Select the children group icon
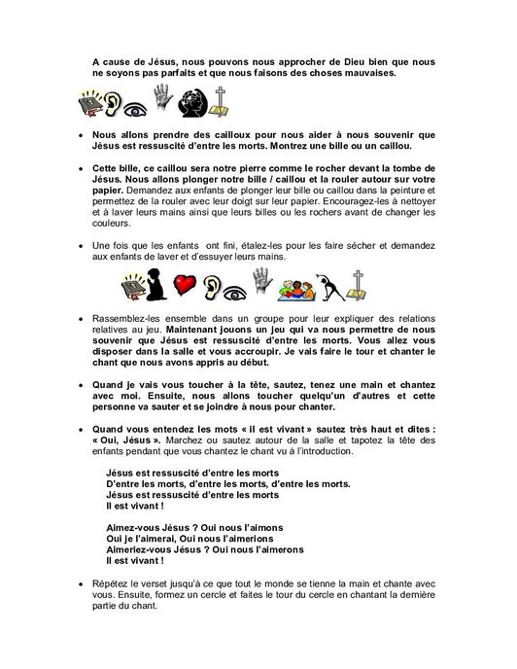pos(297,288)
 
